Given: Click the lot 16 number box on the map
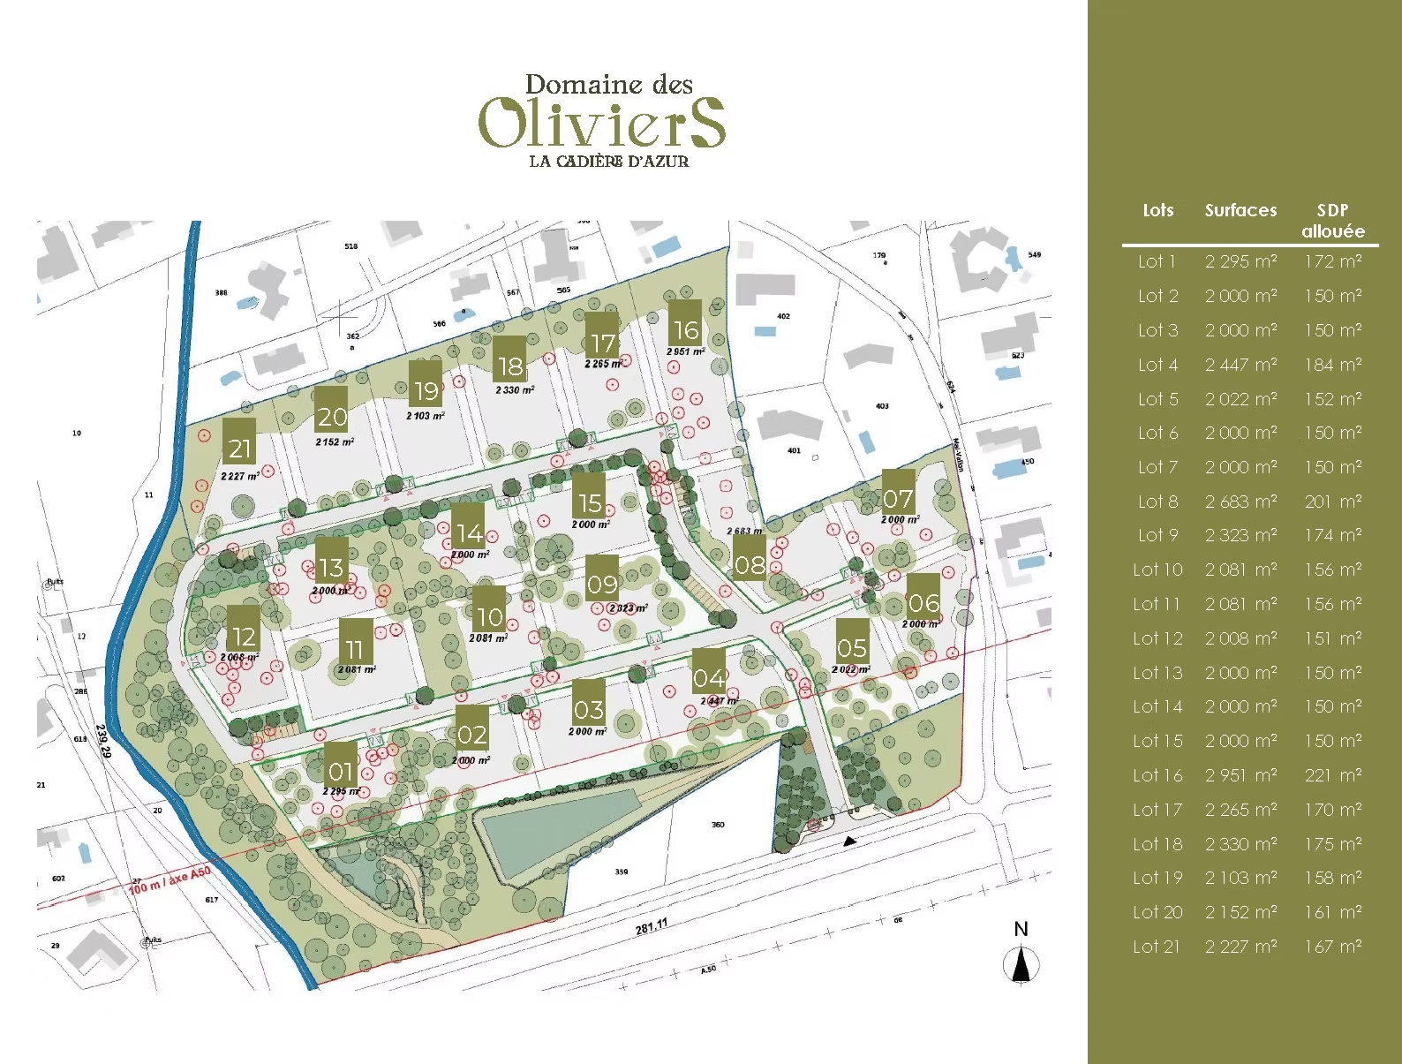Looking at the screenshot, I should tap(685, 329).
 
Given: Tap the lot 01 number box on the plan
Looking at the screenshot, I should tap(340, 771).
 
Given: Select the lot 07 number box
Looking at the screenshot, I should tap(898, 500).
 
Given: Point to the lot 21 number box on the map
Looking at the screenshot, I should tap(238, 449).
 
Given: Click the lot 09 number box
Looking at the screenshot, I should tap(602, 584).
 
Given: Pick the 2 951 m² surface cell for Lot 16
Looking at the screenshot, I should tap(1240, 775).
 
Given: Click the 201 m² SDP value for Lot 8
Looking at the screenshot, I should tap(1332, 502).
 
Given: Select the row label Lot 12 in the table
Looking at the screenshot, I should tap(1157, 638).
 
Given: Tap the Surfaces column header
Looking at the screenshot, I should tap(1240, 210).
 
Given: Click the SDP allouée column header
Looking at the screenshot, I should tap(1332, 221).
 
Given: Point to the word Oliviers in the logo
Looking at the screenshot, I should tap(602, 124).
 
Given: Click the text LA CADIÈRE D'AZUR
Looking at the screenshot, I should tap(608, 162).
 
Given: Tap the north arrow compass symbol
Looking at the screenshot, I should tap(1021, 964).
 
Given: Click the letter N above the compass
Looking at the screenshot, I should tap(1021, 929).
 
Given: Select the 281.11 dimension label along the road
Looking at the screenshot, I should tap(652, 927).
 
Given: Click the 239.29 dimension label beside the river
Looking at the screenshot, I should tap(103, 741).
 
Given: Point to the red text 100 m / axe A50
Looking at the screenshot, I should tap(170, 879).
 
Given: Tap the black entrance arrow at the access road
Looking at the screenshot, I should tap(849, 841).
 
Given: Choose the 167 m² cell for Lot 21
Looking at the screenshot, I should tap(1332, 947).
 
